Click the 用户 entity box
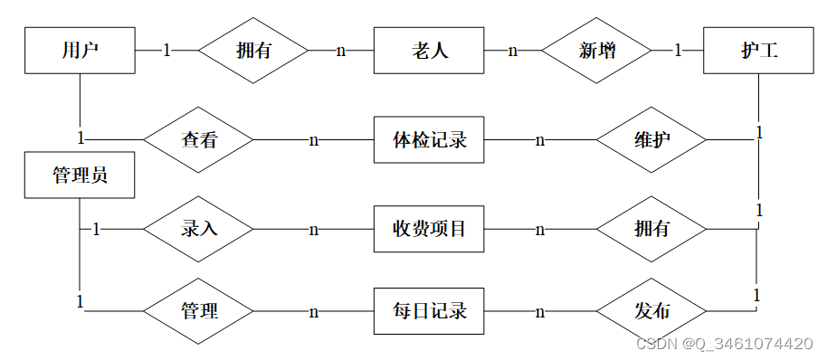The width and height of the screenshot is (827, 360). tap(80, 50)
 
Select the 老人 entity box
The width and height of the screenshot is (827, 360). tap(429, 51)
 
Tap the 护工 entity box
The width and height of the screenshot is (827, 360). tap(758, 51)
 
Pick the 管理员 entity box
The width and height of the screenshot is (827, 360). tap(80, 175)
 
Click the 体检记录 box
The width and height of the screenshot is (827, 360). tap(429, 140)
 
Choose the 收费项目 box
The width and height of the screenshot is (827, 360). tap(429, 229)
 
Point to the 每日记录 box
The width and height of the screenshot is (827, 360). tap(429, 311)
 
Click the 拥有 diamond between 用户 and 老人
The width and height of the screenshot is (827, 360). tap(252, 51)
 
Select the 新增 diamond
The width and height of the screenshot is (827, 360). tap(597, 51)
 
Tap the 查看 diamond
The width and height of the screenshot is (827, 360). tap(199, 140)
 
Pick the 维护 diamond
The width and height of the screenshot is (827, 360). tap(651, 140)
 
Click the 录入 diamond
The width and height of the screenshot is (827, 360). tap(199, 229)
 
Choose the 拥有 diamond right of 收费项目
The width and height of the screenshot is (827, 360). tap(651, 229)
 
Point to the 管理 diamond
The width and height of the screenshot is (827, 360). tap(199, 312)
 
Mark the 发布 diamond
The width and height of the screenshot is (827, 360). tap(651, 312)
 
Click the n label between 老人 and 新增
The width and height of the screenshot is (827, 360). tap(512, 51)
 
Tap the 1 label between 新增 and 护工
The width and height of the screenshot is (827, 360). tap(678, 51)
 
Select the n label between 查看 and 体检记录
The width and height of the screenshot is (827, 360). tap(314, 140)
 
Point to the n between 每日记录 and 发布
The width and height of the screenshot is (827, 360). tap(540, 312)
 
